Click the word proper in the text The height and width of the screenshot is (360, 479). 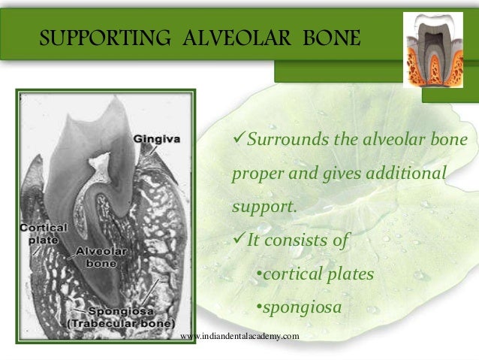(x=259, y=174)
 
